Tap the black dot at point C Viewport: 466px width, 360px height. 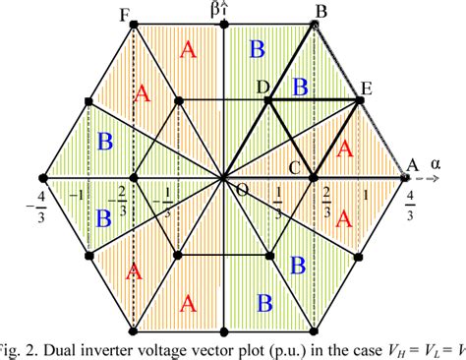pyautogui.click(x=315, y=178)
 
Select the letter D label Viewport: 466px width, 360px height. pyautogui.click(x=262, y=88)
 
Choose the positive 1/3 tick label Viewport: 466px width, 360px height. pyautogui.click(x=278, y=201)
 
